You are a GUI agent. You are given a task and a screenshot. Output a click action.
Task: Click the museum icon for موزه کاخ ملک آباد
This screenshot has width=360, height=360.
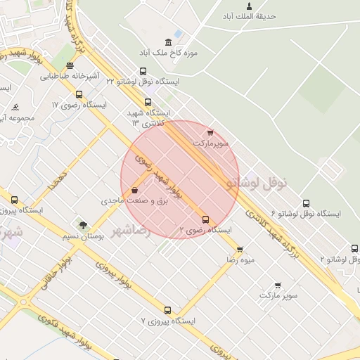coord(167,42)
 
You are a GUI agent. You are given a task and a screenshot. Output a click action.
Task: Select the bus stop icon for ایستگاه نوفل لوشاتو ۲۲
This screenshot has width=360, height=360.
coord(143,71)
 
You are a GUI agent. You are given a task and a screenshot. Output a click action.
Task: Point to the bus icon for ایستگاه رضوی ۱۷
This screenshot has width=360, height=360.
coord(78,94)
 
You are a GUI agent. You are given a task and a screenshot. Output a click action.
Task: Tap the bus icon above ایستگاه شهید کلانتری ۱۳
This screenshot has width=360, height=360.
coord(148,102)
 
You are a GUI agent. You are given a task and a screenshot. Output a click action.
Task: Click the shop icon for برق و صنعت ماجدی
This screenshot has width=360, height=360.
coord(134,190)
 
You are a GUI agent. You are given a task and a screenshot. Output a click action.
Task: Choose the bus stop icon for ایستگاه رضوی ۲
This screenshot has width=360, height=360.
coord(205,219)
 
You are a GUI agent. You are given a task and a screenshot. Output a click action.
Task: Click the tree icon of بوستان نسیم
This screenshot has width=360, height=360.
coord(84,226)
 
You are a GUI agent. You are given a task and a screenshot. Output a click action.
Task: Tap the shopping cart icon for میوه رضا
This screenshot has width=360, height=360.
coord(240,250)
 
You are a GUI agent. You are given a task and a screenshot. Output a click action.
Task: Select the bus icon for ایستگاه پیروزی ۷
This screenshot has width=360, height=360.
coord(167,310)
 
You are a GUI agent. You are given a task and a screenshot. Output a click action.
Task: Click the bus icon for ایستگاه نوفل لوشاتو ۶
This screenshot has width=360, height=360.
coord(305,203)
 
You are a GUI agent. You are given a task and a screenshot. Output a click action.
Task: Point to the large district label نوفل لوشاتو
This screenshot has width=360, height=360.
coord(257,182)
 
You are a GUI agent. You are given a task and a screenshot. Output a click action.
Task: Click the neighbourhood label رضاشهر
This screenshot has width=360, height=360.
coord(131,230)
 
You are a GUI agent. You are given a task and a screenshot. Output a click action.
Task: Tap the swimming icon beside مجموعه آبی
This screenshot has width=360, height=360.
coord(15,108)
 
